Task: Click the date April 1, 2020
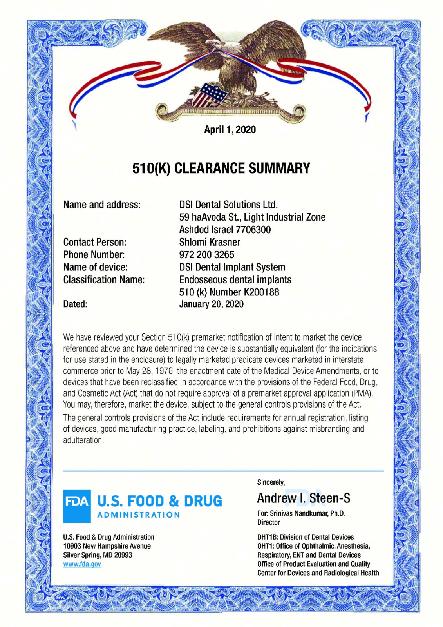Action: click(230, 130)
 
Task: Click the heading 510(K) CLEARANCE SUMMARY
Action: click(221, 168)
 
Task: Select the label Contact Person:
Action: click(95, 242)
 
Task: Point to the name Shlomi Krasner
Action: click(210, 242)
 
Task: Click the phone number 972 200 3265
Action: click(206, 255)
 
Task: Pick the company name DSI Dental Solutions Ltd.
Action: click(228, 205)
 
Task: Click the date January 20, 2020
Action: click(211, 304)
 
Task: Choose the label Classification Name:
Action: click(104, 280)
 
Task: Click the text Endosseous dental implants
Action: click(235, 280)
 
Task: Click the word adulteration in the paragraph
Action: click(83, 440)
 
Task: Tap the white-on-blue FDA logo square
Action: click(77, 506)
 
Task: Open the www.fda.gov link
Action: click(82, 564)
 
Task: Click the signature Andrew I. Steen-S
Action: click(304, 498)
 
